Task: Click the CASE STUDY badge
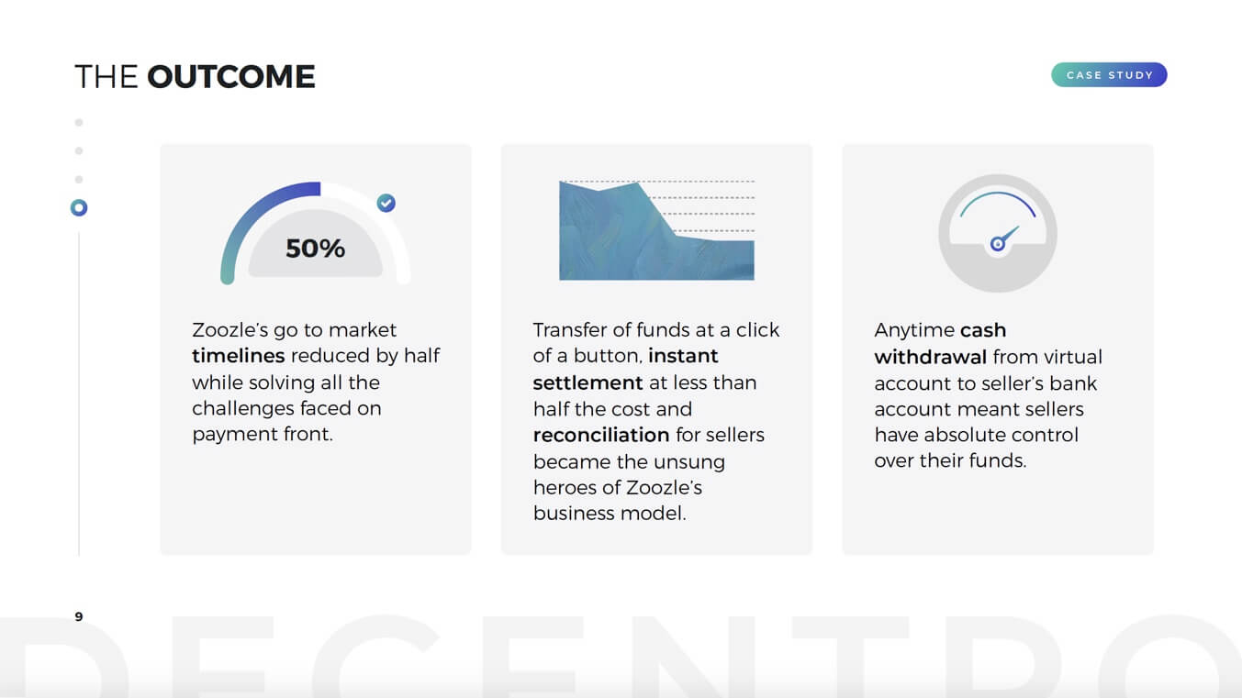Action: click(x=1109, y=75)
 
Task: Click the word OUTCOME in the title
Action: click(x=231, y=76)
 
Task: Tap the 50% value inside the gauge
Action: click(x=315, y=249)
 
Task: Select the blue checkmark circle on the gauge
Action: click(x=386, y=203)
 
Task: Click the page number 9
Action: click(x=79, y=616)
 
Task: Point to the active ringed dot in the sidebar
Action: click(x=79, y=207)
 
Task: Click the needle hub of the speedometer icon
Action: click(x=997, y=243)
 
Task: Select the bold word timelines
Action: click(x=239, y=356)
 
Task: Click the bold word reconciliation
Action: click(x=601, y=435)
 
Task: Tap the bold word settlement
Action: click(x=587, y=382)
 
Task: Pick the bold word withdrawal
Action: click(x=931, y=358)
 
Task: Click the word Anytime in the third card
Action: click(x=914, y=331)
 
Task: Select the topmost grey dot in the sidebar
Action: click(x=79, y=122)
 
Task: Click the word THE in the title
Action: click(x=106, y=76)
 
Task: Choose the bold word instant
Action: click(x=683, y=356)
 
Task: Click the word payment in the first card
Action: click(x=234, y=435)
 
